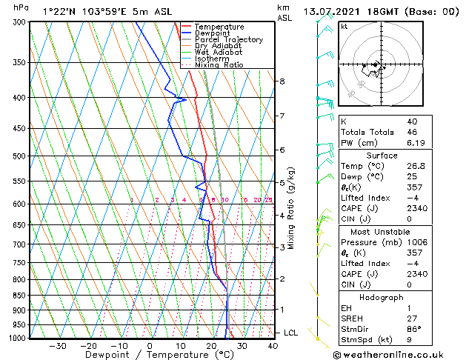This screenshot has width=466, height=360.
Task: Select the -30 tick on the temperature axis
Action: (x=57, y=345)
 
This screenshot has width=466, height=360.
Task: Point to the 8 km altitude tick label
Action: (x=282, y=81)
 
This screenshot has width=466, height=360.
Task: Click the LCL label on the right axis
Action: (x=291, y=333)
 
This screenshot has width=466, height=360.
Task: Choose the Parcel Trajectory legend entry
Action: (x=228, y=40)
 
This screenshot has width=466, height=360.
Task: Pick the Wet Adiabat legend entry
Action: (x=221, y=52)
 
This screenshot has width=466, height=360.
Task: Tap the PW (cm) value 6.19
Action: (x=413, y=143)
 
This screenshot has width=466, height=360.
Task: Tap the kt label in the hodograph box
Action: (x=344, y=27)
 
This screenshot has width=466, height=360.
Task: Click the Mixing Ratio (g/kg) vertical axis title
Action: (x=291, y=208)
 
